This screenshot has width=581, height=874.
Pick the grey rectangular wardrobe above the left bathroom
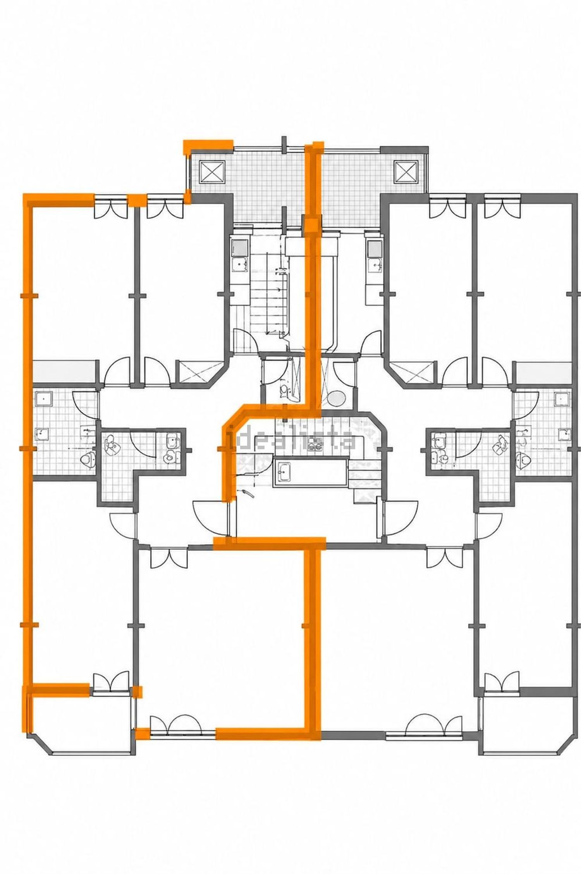coord(64,371)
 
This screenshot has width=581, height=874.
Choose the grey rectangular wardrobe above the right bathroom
coord(545,371)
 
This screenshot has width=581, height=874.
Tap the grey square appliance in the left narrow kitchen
coord(240,247)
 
